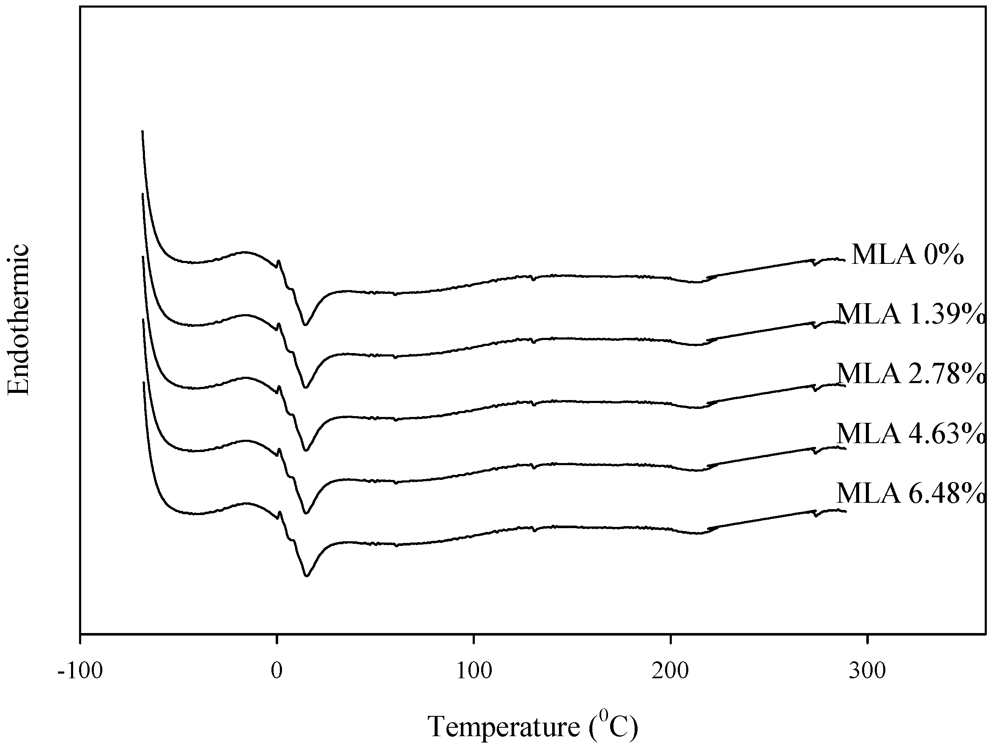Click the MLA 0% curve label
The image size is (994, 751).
pos(907,255)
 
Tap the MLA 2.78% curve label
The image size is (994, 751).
pos(910,373)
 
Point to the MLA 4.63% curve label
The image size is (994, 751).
pos(910,434)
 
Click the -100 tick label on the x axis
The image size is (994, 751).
pos(80,671)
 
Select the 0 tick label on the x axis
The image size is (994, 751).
pos(277,671)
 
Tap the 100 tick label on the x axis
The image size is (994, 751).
pos(474,671)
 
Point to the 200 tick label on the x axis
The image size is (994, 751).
pos(671,671)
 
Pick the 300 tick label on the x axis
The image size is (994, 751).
pos(867,671)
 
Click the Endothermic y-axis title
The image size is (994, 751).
pos(19,320)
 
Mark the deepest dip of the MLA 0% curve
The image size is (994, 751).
pos(305,324)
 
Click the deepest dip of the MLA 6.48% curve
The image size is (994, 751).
pos(307,576)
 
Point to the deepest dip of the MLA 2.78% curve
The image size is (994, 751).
pos(306,450)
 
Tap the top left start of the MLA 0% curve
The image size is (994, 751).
pos(142,132)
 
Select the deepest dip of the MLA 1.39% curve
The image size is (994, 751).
pos(306,387)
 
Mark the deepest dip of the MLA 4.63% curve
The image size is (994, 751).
pos(307,513)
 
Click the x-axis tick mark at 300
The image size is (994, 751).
pos(867,639)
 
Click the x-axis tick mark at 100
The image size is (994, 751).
pos(474,639)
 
